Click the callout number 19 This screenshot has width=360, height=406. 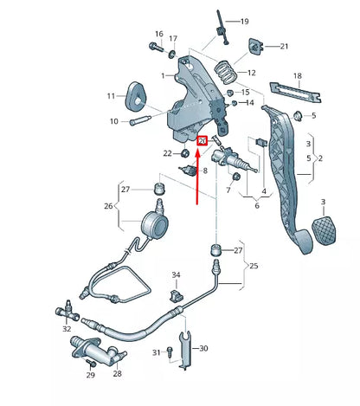tap(244, 21)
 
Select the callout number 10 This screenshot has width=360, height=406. tap(112, 121)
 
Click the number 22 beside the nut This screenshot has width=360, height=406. tap(167, 153)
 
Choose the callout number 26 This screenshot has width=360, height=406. tap(109, 206)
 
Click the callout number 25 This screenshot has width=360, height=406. tap(253, 264)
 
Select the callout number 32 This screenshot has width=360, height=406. tap(67, 328)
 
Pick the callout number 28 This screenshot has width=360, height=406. tap(117, 374)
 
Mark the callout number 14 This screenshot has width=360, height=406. tap(250, 103)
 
